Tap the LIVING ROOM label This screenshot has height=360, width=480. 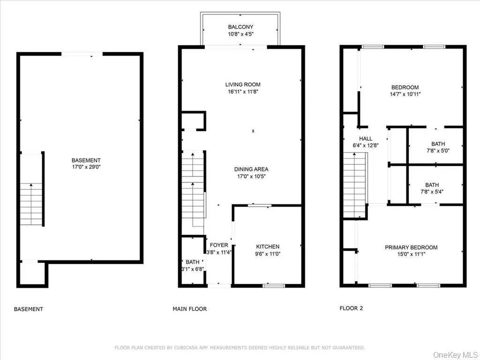242,85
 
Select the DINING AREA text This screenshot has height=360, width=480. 251,169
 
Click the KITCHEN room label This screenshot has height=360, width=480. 268,247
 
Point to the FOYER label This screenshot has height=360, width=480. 219,245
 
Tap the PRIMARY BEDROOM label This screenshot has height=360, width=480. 411,247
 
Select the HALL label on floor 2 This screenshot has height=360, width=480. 366,139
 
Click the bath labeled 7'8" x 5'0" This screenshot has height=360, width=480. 435,147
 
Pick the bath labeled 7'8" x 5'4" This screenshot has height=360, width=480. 435,188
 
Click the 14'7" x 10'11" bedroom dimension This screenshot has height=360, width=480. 405,94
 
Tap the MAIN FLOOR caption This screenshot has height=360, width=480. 190,309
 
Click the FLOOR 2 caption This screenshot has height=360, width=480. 351,308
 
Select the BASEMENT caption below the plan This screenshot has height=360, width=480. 29,309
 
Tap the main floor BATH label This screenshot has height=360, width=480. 192,262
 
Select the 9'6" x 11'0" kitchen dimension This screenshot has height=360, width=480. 268,254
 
